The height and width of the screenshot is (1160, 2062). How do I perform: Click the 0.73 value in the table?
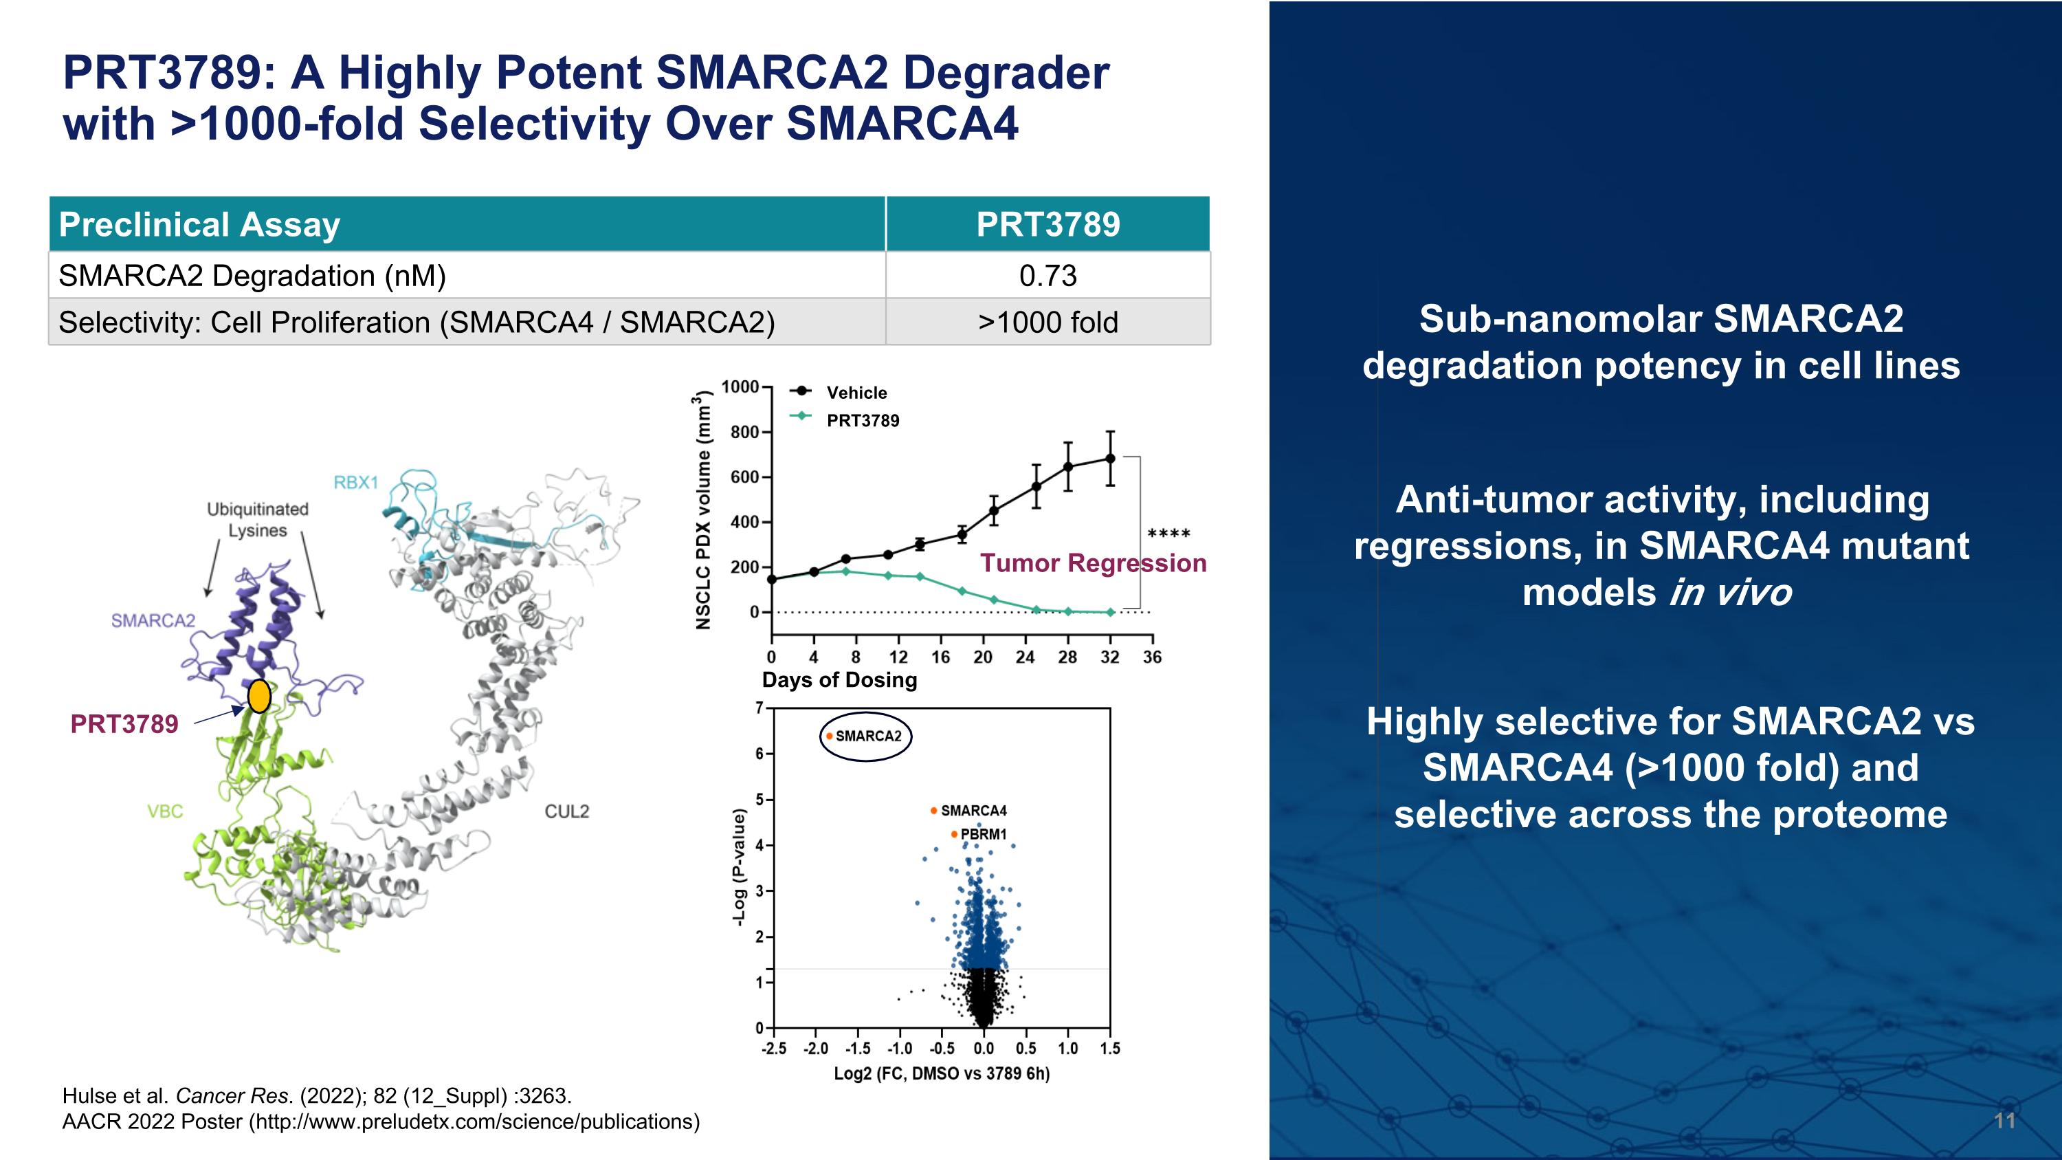click(x=1047, y=276)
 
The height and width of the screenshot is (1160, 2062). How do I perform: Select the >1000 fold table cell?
click(x=1047, y=322)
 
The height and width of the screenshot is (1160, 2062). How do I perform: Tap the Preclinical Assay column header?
click(x=199, y=225)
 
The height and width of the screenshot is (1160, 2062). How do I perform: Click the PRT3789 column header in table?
click(x=1047, y=225)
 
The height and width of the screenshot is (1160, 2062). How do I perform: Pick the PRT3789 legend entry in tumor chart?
click(x=862, y=421)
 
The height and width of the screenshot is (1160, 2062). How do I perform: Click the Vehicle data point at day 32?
click(x=1109, y=459)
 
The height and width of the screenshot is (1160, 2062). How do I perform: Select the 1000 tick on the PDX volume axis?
click(x=739, y=387)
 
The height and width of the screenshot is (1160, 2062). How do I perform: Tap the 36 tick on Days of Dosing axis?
click(x=1152, y=657)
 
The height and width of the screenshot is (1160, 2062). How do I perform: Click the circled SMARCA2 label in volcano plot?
click(x=867, y=736)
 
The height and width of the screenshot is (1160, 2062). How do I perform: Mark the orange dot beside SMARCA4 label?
click(x=933, y=811)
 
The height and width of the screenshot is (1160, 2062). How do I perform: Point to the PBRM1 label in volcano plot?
click(x=983, y=834)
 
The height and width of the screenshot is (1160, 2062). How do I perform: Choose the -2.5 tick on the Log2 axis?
click(x=773, y=1049)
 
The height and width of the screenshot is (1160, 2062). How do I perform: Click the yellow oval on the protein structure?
click(x=258, y=697)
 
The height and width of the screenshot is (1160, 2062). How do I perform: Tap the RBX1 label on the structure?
click(x=355, y=483)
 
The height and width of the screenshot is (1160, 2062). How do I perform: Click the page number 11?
click(x=2004, y=1121)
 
